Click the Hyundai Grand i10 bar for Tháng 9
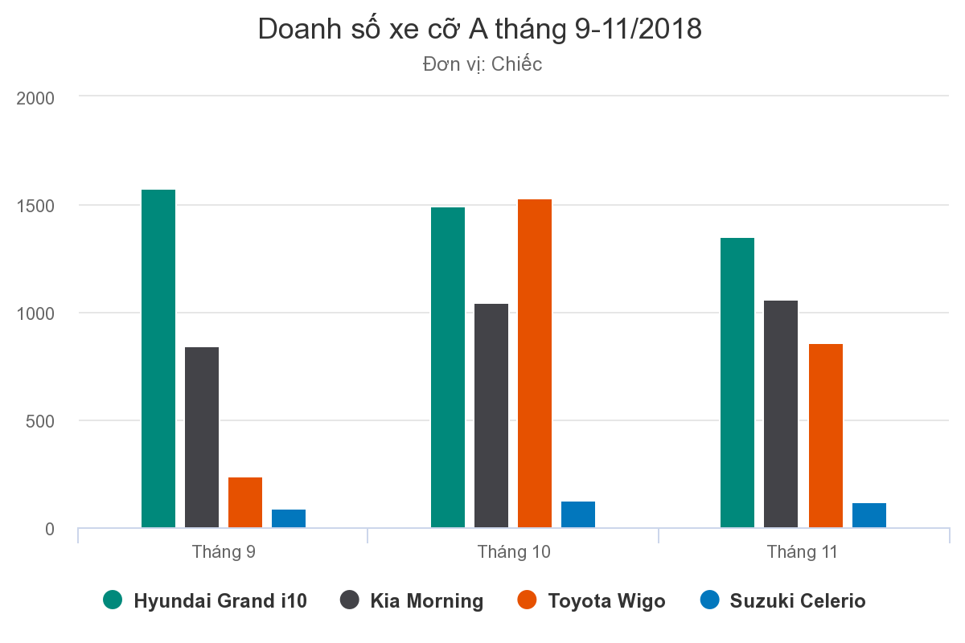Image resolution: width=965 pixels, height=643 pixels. click(158, 358)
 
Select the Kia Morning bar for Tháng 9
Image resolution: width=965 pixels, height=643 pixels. click(202, 437)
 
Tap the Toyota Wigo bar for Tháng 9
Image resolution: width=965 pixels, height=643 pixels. click(245, 502)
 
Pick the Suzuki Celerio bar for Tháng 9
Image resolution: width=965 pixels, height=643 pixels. click(289, 518)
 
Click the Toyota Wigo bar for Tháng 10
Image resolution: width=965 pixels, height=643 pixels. click(535, 363)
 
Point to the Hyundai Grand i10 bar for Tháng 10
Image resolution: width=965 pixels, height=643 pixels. click(448, 367)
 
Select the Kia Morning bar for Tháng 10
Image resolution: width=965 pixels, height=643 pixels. click(491, 416)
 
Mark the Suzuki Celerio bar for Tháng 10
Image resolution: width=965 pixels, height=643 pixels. click(578, 514)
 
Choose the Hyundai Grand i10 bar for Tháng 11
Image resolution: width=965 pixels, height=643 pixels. click(737, 383)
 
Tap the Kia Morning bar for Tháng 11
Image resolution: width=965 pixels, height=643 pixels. click(781, 414)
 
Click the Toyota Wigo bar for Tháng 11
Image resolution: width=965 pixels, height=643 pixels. click(826, 436)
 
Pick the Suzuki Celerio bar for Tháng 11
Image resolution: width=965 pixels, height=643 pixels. click(869, 515)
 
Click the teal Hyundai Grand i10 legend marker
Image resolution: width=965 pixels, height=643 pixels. click(113, 600)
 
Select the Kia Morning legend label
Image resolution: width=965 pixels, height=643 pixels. click(427, 601)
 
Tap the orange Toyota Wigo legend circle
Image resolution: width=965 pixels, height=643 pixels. click(528, 600)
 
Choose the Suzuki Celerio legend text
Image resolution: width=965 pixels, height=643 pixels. click(798, 601)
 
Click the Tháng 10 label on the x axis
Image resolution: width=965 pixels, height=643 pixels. click(514, 552)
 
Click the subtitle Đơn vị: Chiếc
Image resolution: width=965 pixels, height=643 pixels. click(482, 64)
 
